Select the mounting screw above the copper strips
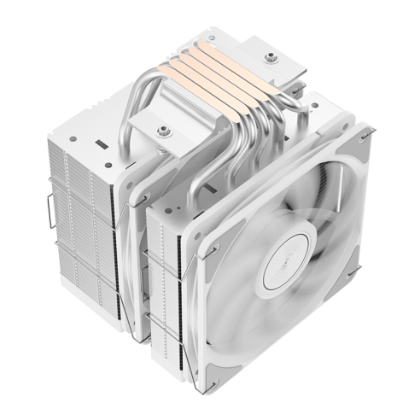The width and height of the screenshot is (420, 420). pos(272,57)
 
